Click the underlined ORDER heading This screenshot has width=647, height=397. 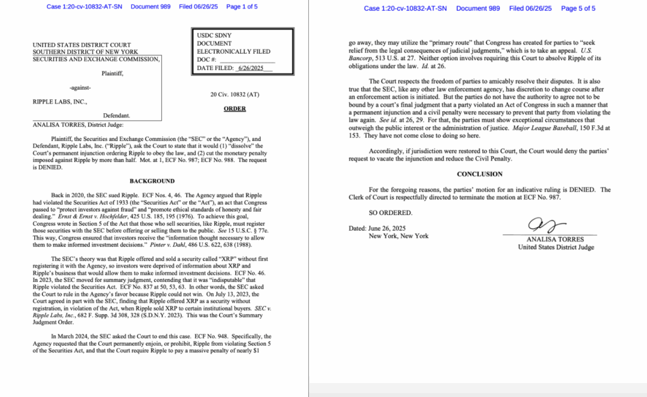click(234, 109)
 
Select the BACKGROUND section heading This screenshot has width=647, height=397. click(152, 181)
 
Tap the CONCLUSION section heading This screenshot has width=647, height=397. click(480, 174)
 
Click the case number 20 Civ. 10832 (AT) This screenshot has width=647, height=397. click(234, 94)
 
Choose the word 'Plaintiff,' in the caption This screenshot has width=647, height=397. click(112, 73)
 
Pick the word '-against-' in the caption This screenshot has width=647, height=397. click(80, 87)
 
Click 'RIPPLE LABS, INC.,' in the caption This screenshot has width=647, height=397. click(60, 101)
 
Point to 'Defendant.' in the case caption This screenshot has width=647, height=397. click(117, 116)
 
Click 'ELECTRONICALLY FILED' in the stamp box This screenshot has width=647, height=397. click(234, 51)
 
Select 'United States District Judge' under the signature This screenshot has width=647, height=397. click(555, 247)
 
